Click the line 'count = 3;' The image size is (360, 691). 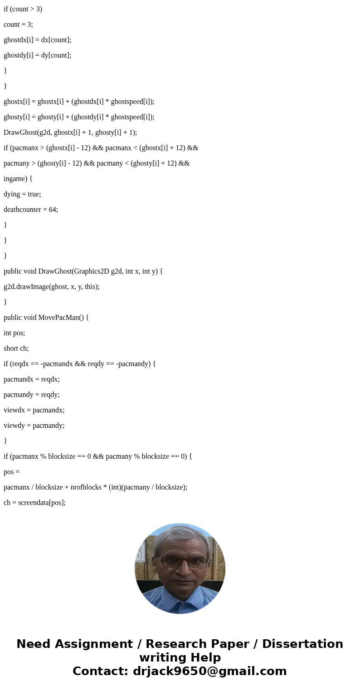[18, 25]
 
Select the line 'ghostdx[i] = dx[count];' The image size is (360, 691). [37, 40]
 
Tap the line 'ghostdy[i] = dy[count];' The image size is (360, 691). [37, 55]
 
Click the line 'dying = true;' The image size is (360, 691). [22, 194]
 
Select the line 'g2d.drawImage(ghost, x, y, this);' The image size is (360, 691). [51, 287]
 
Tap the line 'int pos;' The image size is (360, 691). [14, 333]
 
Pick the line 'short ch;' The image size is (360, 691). [16, 348]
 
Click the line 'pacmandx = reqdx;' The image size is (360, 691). [31, 379]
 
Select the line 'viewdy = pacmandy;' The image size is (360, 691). [34, 426]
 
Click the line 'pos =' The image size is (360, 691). [11, 472]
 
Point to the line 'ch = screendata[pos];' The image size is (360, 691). [34, 503]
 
